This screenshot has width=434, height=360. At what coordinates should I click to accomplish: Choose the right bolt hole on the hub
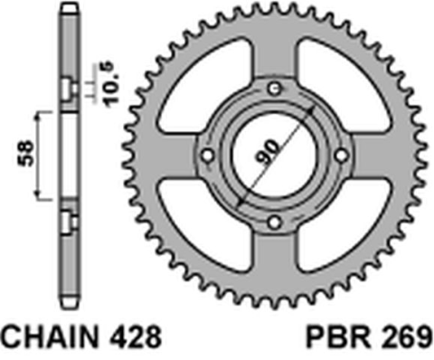pyautogui.click(x=340, y=155)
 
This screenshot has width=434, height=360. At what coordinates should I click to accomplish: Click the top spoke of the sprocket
pyautogui.click(x=272, y=54)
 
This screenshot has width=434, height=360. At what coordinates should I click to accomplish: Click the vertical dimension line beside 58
pyautogui.click(x=37, y=154)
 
